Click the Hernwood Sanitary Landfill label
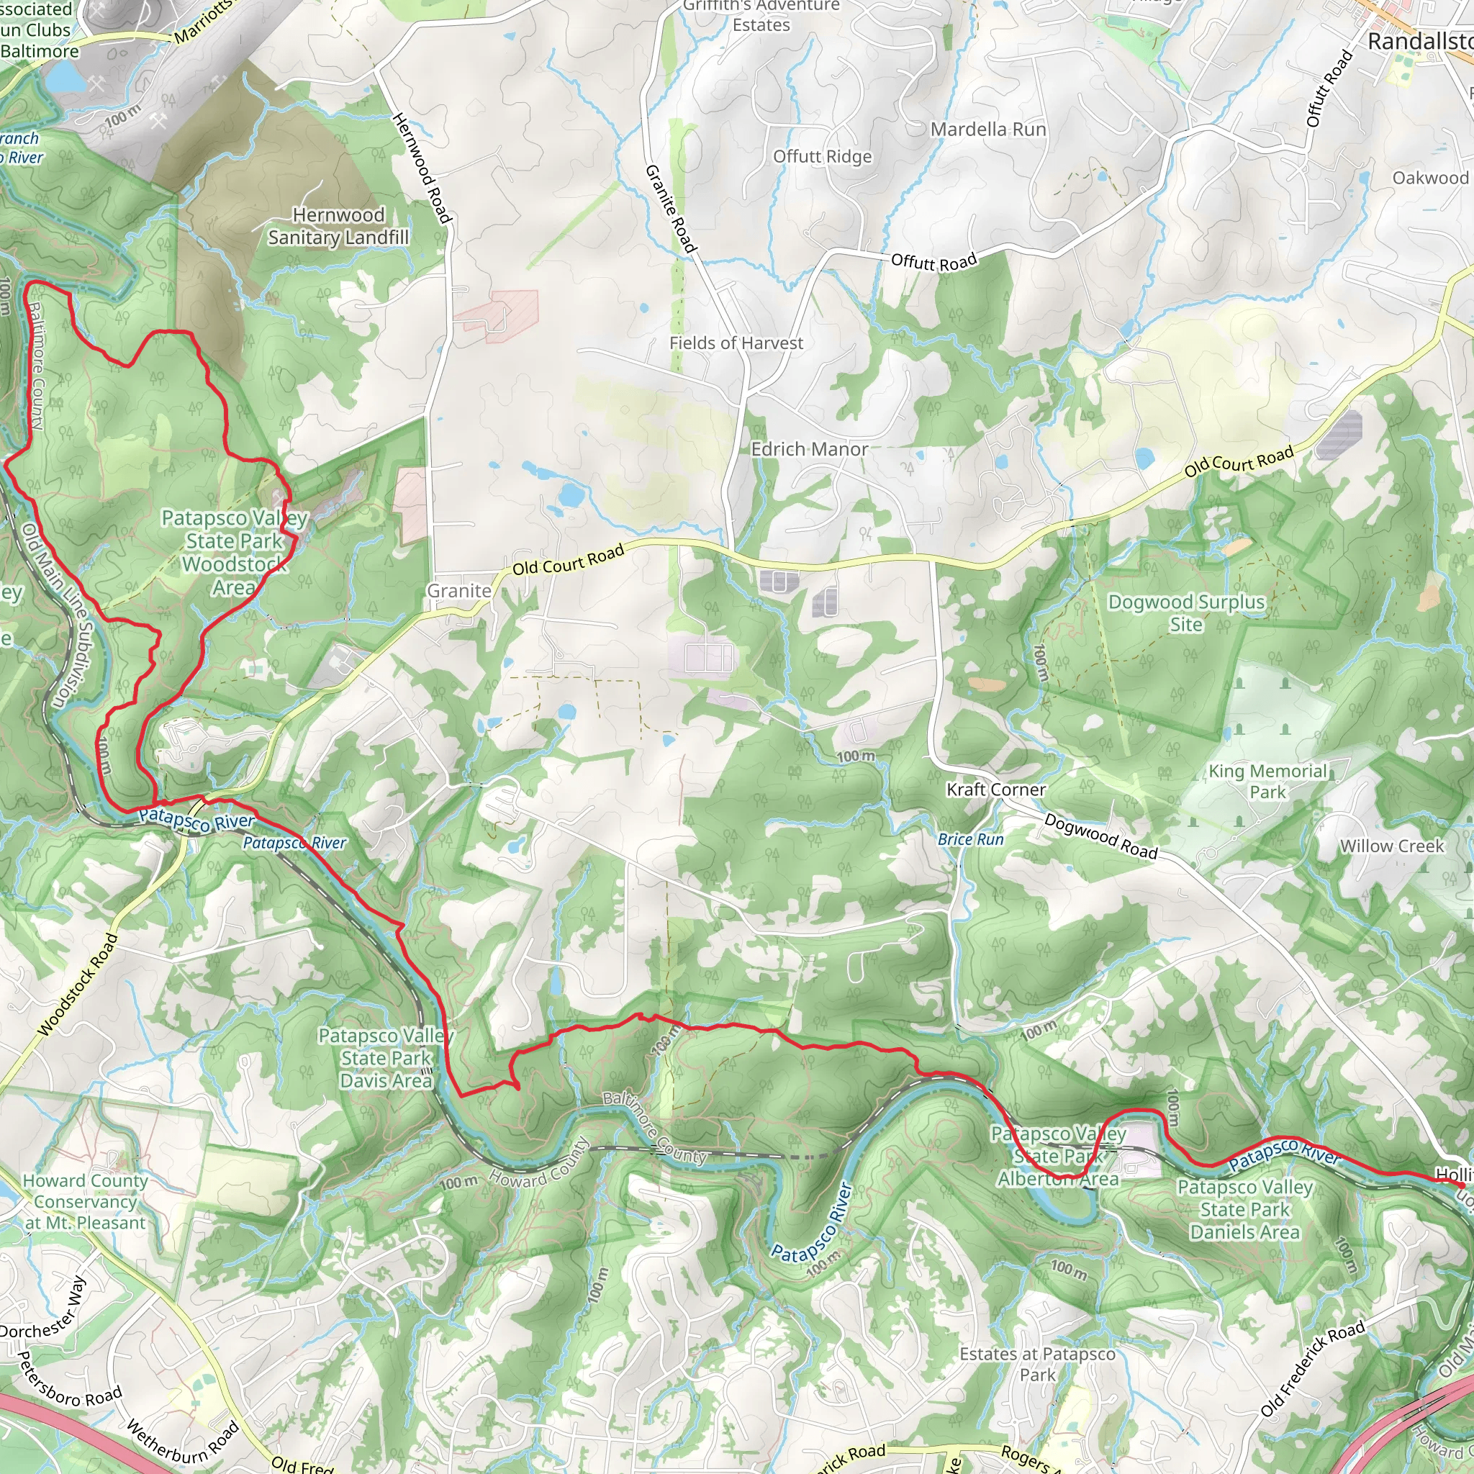(x=338, y=226)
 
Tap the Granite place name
(x=458, y=590)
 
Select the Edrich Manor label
(x=809, y=448)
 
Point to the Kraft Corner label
(x=995, y=789)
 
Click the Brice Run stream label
(x=970, y=839)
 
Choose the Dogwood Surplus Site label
(x=1185, y=612)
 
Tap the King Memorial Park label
(x=1267, y=781)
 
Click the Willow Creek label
(x=1392, y=846)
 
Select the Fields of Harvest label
(x=736, y=343)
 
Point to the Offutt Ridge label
(x=822, y=156)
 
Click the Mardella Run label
(x=987, y=130)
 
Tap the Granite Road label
(x=671, y=208)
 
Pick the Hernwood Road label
(x=421, y=168)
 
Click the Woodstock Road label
(x=78, y=984)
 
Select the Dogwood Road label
(x=1100, y=836)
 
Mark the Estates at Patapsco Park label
(x=1037, y=1364)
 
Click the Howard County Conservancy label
(x=85, y=1201)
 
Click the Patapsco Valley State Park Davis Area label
(x=386, y=1058)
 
